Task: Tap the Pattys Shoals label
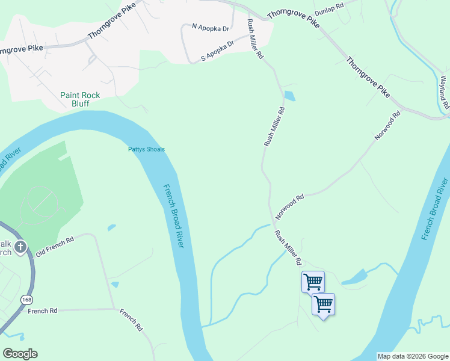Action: [x=146, y=150]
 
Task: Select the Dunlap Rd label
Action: [x=328, y=8]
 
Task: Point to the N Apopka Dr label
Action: [x=211, y=28]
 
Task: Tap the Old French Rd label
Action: [x=54, y=247]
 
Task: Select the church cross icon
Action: [x=20, y=247]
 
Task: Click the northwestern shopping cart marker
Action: [x=313, y=281]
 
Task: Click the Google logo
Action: [x=20, y=354]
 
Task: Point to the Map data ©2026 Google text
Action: [x=412, y=356]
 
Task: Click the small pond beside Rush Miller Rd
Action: [x=289, y=96]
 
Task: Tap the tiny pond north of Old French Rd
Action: [x=111, y=227]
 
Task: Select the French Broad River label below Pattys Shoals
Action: [x=174, y=207]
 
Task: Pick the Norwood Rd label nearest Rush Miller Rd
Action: [x=290, y=206]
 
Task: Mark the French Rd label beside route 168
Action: [x=42, y=311]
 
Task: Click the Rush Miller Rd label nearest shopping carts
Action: [x=288, y=247]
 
